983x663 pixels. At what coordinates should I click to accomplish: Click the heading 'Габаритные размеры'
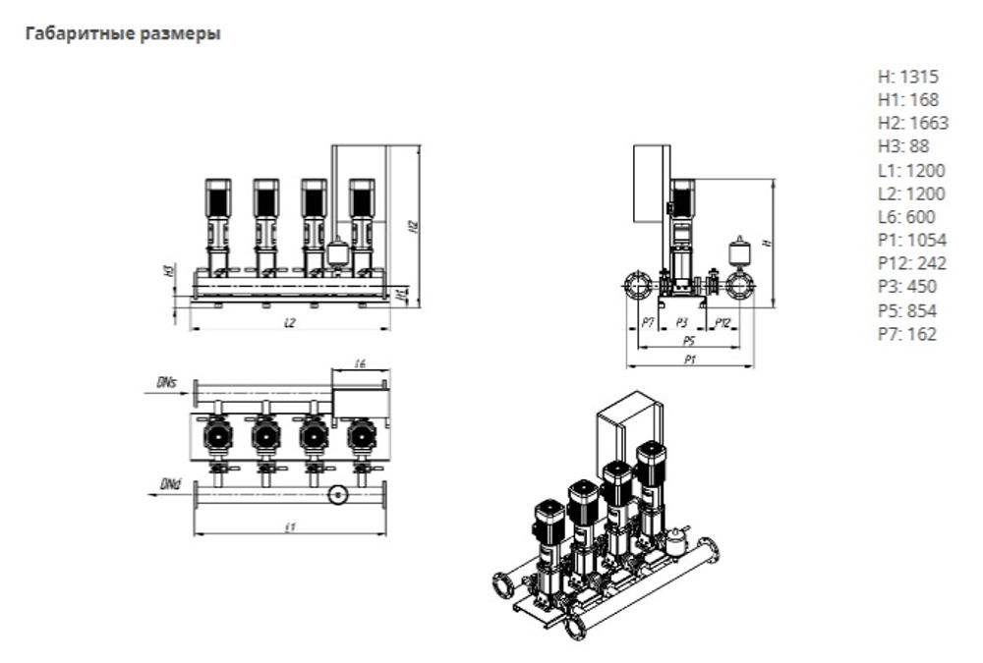(x=122, y=34)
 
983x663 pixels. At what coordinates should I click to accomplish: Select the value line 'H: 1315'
(x=907, y=76)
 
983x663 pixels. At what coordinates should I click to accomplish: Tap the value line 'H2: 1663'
(x=912, y=123)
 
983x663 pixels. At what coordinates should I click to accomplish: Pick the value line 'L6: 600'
(x=905, y=217)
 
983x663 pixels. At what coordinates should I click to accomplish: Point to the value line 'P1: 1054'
(x=910, y=241)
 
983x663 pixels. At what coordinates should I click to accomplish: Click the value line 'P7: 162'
(x=906, y=334)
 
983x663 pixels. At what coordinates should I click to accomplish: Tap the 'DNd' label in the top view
(x=169, y=484)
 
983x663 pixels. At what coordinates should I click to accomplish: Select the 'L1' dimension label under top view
(x=290, y=527)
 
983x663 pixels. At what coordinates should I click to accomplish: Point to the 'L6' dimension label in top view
(x=360, y=364)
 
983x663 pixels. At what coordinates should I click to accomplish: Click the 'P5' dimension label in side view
(x=689, y=340)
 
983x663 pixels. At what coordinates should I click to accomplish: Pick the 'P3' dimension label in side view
(x=681, y=322)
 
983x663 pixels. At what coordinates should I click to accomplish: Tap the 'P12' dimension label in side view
(x=723, y=322)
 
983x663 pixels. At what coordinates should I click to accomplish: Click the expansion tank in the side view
(x=740, y=250)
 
